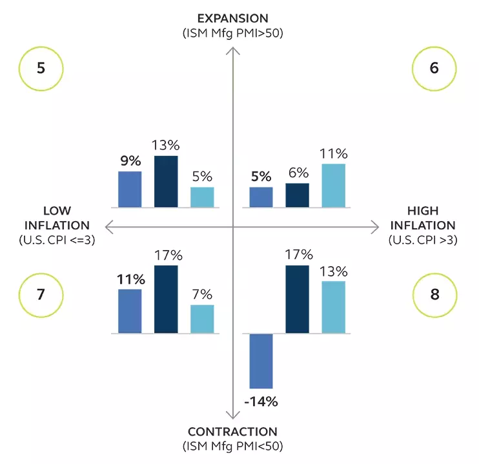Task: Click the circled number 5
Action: coord(41,68)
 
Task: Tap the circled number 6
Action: coord(434,68)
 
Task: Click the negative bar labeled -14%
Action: coord(261,362)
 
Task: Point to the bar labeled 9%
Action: coord(130,189)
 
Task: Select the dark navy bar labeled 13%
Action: coord(166,182)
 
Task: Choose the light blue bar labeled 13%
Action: coord(333,307)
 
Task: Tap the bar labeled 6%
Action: coord(297,195)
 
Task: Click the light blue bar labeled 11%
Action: coord(333,186)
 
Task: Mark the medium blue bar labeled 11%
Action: coord(130,311)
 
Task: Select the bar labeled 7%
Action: coord(202,319)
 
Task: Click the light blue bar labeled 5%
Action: coord(202,197)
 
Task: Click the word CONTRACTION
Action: coord(232,432)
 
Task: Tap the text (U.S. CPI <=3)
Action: coord(57,240)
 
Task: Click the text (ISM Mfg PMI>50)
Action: coord(232,32)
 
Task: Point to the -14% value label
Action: coord(261,402)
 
